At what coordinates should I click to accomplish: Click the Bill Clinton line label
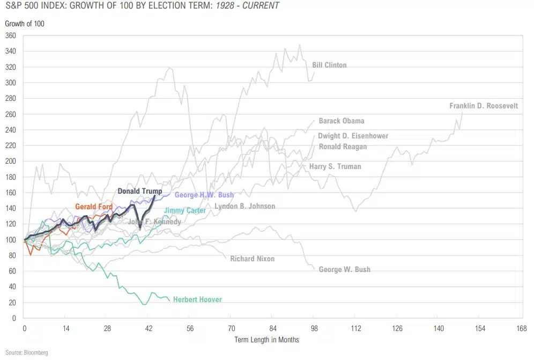click(x=329, y=65)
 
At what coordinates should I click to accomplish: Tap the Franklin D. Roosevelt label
click(x=484, y=106)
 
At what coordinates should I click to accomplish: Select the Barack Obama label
click(x=341, y=121)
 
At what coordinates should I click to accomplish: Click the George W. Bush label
click(x=344, y=269)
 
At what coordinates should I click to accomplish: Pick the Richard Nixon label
click(x=252, y=259)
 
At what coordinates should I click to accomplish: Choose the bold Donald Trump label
click(x=139, y=191)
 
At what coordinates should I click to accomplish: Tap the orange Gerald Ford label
click(x=94, y=206)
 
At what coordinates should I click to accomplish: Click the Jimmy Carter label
click(x=184, y=210)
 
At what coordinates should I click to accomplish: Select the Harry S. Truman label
click(x=335, y=166)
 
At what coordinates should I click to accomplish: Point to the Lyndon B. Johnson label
click(x=244, y=206)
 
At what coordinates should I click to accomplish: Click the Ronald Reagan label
click(x=343, y=146)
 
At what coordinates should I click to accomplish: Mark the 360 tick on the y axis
click(x=11, y=35)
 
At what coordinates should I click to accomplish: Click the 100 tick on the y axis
click(x=11, y=239)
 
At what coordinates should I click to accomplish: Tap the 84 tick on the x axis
click(x=273, y=328)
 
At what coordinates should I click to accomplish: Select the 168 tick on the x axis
click(x=520, y=328)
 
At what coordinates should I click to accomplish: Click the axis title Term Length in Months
click(x=266, y=340)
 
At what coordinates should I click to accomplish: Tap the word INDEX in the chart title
click(x=53, y=6)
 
